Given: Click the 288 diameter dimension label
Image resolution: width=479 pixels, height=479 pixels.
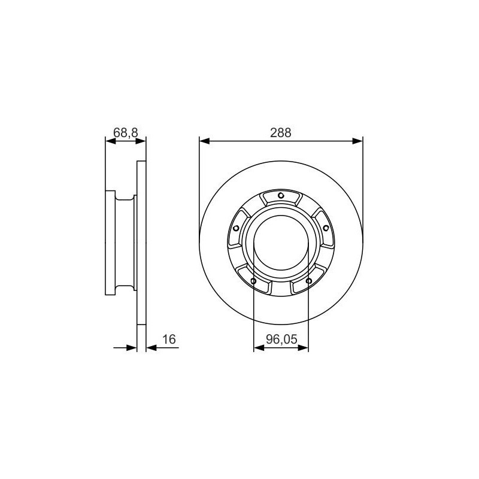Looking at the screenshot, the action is tap(281, 133).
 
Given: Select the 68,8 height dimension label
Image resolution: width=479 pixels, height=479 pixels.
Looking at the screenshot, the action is tap(126, 132).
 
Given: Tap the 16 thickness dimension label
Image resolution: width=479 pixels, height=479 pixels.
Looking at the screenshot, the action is tap(169, 339).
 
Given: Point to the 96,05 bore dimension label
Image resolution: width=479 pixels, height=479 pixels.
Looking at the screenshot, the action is tap(281, 339).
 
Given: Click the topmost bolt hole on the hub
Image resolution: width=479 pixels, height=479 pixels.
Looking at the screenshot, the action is tap(281, 196).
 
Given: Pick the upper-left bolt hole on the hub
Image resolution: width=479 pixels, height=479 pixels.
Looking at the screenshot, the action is tap(236, 228).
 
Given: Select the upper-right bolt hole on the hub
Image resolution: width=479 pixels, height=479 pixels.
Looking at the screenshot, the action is tap(326, 228).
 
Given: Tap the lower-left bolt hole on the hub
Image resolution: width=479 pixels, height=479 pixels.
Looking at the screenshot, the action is tap(253, 281).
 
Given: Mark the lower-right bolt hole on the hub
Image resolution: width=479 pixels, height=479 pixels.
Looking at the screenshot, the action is tap(309, 281).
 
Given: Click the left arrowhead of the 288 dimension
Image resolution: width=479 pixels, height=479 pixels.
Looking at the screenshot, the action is tap(204, 141).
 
